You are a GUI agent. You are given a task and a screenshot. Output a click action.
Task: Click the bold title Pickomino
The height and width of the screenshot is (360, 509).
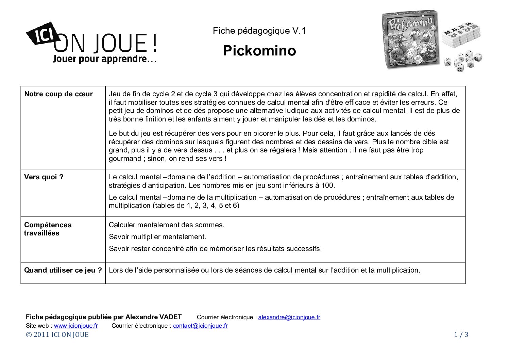(x=259, y=51)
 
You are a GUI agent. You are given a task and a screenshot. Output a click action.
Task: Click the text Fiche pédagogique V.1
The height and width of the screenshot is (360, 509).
(x=259, y=31)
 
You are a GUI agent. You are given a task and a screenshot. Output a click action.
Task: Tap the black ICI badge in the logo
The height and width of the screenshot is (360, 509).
(x=43, y=33)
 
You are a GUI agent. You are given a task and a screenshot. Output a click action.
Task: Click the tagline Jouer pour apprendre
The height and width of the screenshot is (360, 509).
(x=104, y=59)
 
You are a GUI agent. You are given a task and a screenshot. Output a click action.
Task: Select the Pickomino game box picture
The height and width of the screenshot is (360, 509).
(x=411, y=39)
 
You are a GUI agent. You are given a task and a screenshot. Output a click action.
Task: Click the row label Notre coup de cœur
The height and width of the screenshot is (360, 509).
(x=58, y=94)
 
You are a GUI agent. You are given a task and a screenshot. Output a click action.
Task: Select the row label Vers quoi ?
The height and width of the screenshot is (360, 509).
(x=44, y=177)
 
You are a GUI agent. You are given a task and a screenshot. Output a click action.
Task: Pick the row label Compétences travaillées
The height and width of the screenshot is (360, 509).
(x=48, y=229)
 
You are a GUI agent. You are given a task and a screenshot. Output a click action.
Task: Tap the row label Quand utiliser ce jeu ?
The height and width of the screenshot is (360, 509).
(x=63, y=270)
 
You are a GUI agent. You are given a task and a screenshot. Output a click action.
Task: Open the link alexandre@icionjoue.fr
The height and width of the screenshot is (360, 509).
(x=289, y=317)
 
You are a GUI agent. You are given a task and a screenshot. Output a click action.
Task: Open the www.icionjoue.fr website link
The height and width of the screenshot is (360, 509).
(x=76, y=326)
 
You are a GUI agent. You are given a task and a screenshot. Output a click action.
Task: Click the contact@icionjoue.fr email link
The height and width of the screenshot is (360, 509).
(x=200, y=326)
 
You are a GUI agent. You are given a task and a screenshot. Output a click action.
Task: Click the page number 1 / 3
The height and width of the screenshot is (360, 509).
(x=461, y=334)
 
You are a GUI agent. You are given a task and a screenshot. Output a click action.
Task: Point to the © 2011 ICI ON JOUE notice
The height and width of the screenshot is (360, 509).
(x=57, y=334)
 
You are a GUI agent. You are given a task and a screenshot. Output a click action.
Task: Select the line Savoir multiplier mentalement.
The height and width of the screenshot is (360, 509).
(x=157, y=237)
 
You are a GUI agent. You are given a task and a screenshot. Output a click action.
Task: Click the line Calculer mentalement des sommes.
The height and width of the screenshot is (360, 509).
(x=166, y=225)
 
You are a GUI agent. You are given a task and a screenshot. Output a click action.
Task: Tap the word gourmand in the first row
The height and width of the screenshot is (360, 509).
(x=124, y=159)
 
